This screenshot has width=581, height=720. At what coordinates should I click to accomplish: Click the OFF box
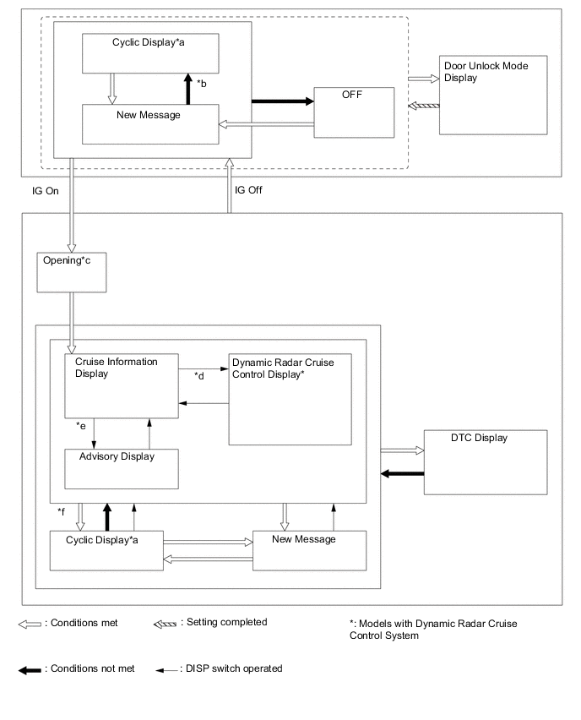click(353, 112)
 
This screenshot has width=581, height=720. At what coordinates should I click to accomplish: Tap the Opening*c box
click(72, 270)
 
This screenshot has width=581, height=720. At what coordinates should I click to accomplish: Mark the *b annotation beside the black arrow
click(202, 83)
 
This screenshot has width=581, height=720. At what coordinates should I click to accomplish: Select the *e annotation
click(82, 427)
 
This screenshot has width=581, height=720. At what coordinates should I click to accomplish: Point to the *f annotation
click(61, 512)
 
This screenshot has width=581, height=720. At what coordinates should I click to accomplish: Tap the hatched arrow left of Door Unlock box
click(423, 106)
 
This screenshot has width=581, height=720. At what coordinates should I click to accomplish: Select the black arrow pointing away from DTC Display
click(402, 473)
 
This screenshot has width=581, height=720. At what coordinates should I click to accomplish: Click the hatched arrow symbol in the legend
click(168, 624)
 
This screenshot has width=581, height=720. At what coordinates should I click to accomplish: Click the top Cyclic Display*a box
click(150, 53)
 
